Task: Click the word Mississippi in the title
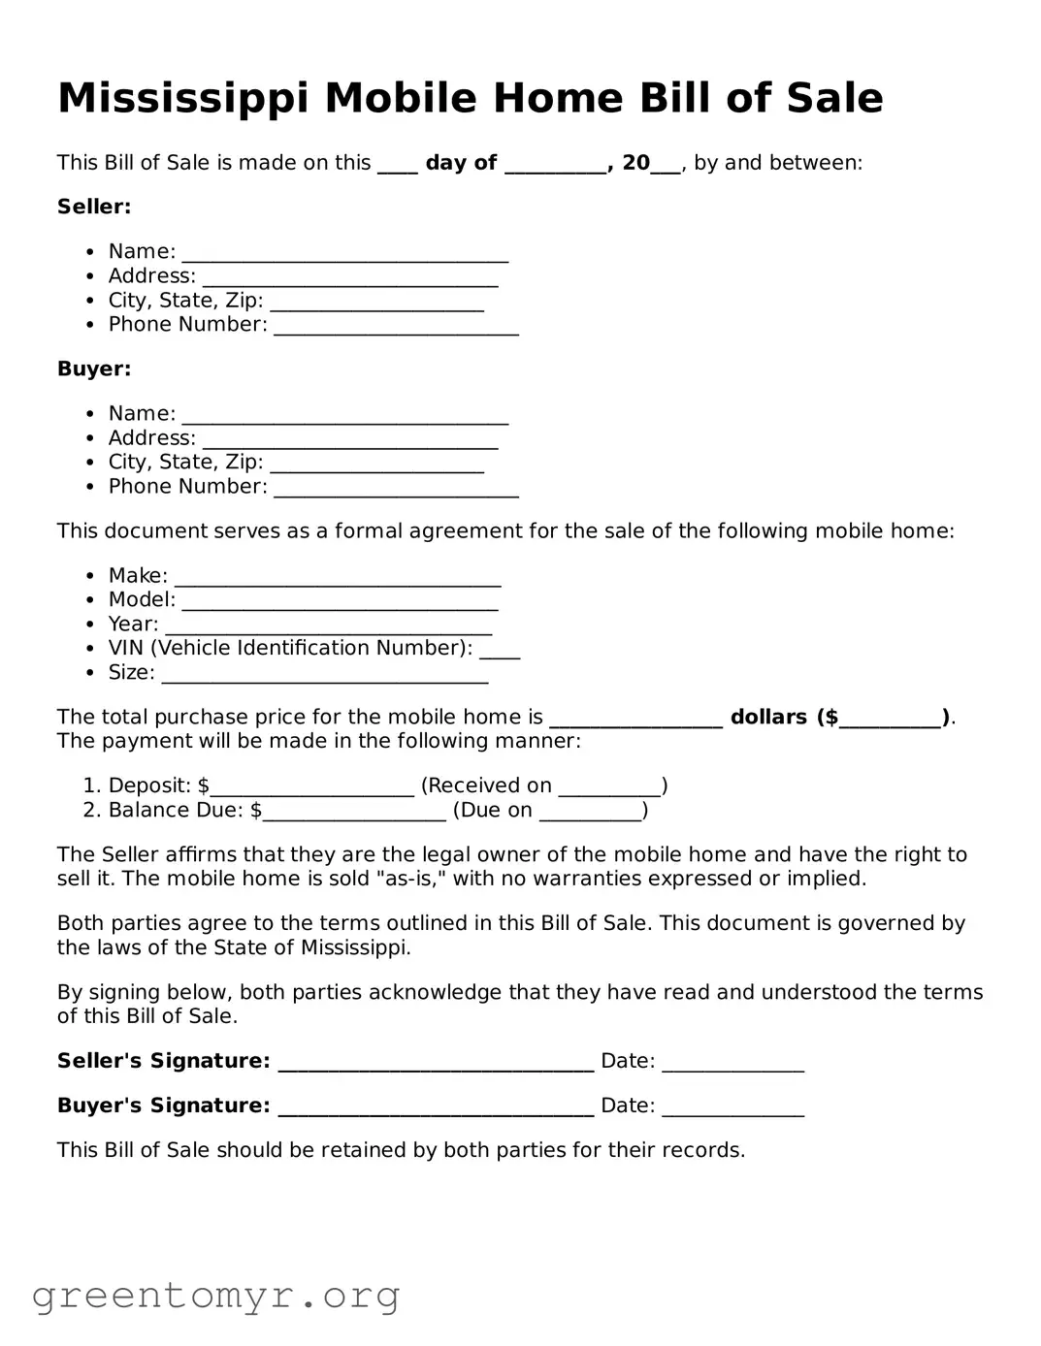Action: point(184,99)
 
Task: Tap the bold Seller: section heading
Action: point(94,207)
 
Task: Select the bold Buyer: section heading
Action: point(94,369)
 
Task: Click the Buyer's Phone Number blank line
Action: point(396,491)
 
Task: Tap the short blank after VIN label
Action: point(500,653)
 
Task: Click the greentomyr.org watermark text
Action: point(216,1295)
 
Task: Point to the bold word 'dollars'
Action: point(768,717)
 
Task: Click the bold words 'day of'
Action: point(461,163)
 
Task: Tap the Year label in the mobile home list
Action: point(133,624)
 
